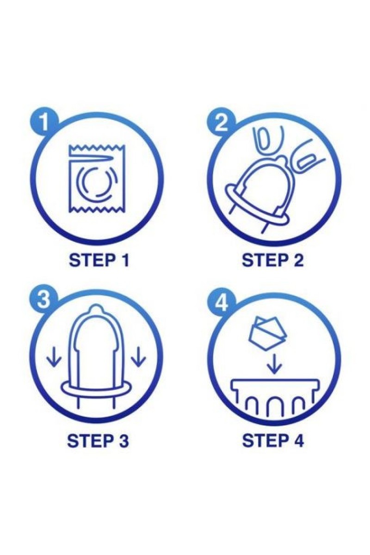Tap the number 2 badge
coord(221,123)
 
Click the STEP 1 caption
coord(99,261)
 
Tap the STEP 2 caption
coord(272,261)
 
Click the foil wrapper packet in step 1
coord(97,179)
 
